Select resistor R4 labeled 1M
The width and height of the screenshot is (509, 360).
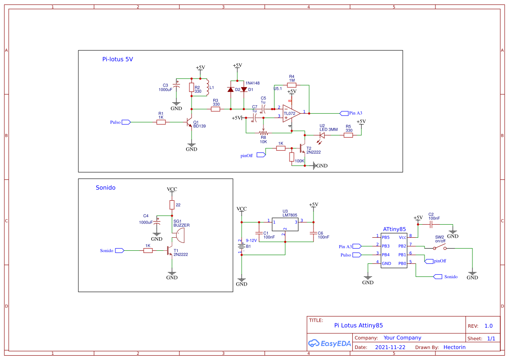tap(292, 85)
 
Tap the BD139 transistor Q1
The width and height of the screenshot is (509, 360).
tap(190, 122)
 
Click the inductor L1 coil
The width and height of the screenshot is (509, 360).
tap(207, 87)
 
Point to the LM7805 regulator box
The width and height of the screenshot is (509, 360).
tap(285, 224)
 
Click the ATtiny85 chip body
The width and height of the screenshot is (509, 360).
tap(394, 250)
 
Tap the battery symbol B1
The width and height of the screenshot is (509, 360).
tap(241, 247)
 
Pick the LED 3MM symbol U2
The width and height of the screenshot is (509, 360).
tap(322, 135)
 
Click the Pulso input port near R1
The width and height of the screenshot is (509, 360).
tap(126, 122)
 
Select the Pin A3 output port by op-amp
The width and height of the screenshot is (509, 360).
tap(344, 113)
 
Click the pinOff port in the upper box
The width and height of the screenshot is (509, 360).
tap(262, 155)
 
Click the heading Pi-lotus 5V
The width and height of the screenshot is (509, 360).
tap(118, 59)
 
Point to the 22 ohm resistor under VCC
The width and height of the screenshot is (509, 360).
tap(172, 205)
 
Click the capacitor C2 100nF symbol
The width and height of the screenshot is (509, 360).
tap(431, 225)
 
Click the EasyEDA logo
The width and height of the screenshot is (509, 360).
tap(330, 343)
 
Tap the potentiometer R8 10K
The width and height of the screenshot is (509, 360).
tap(263, 133)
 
